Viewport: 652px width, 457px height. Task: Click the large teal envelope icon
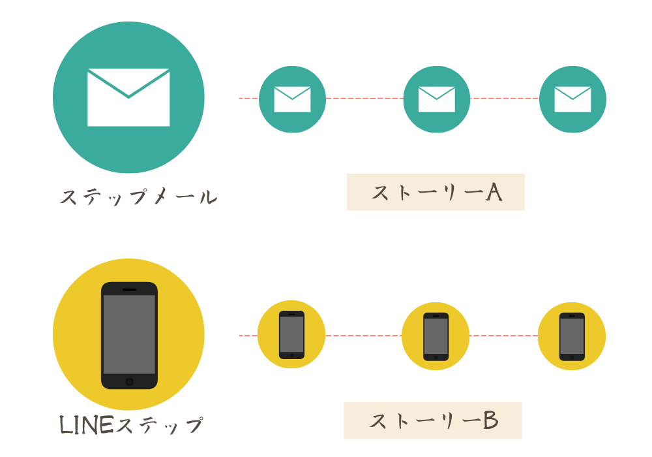point(128,97)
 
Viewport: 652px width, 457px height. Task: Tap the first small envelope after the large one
point(292,99)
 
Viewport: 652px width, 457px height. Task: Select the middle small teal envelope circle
point(436,99)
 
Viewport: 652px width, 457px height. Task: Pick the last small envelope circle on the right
point(572,99)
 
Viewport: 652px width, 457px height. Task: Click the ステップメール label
point(138,197)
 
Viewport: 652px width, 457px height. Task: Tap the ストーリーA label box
point(436,192)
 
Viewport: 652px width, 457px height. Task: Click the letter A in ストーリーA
point(493,192)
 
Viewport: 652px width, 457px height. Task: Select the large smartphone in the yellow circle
point(129,335)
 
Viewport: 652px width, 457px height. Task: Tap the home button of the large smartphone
point(129,381)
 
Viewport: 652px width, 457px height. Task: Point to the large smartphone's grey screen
point(129,334)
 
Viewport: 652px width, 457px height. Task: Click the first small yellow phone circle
point(291,335)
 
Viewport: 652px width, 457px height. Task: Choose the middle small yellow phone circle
point(436,336)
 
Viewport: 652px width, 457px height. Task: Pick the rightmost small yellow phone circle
point(572,336)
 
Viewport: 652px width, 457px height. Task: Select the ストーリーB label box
point(433,420)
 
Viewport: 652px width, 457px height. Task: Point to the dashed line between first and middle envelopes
point(364,99)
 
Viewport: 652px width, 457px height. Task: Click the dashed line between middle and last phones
point(503,336)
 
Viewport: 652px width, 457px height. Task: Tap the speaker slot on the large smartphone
point(129,289)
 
